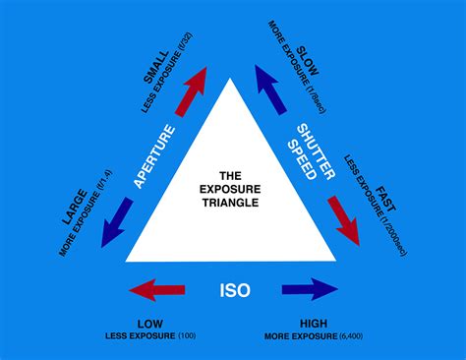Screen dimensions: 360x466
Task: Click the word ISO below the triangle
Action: [234, 292]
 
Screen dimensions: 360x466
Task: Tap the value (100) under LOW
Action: [187, 336]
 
